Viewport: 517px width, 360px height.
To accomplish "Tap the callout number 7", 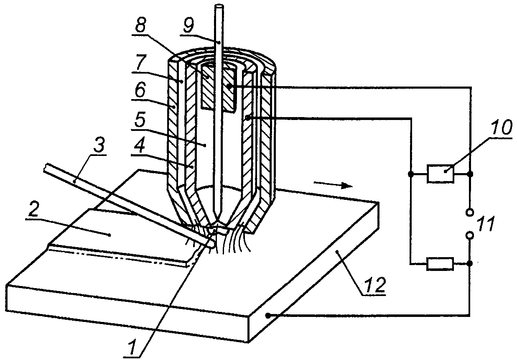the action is click(x=141, y=62).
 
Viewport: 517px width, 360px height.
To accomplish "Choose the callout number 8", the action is click(x=141, y=26).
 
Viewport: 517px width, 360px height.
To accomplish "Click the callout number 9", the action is click(x=188, y=26).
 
